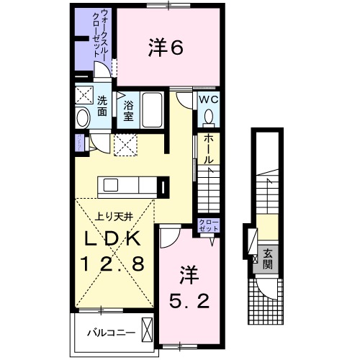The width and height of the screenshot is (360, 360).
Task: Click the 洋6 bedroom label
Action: pyautogui.click(x=165, y=48)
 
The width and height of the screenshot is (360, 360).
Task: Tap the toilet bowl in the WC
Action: pyautogui.click(x=210, y=116)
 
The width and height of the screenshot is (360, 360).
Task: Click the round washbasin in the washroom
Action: pyautogui.click(x=82, y=117)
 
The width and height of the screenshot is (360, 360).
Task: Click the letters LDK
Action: pyautogui.click(x=114, y=239)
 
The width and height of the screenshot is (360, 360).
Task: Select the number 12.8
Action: pyautogui.click(x=114, y=264)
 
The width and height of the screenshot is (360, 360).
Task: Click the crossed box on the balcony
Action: pyautogui.click(x=148, y=331)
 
